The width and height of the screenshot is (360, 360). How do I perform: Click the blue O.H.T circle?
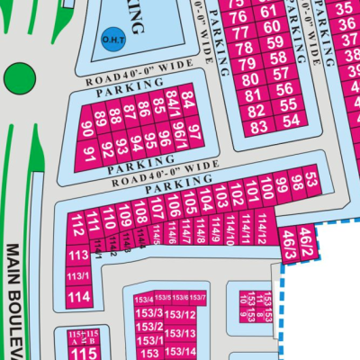click(x=112, y=39)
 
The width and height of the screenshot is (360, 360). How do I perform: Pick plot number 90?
click(x=87, y=127)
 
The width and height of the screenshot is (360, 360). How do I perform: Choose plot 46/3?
click(x=288, y=240)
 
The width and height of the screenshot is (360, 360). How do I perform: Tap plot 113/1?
click(x=77, y=274)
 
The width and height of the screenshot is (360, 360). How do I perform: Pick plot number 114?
click(x=77, y=296)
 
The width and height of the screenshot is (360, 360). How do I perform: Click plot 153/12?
click(x=181, y=314)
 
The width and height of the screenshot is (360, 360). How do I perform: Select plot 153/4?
click(x=143, y=300)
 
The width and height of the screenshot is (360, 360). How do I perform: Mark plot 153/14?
click(x=181, y=350)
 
